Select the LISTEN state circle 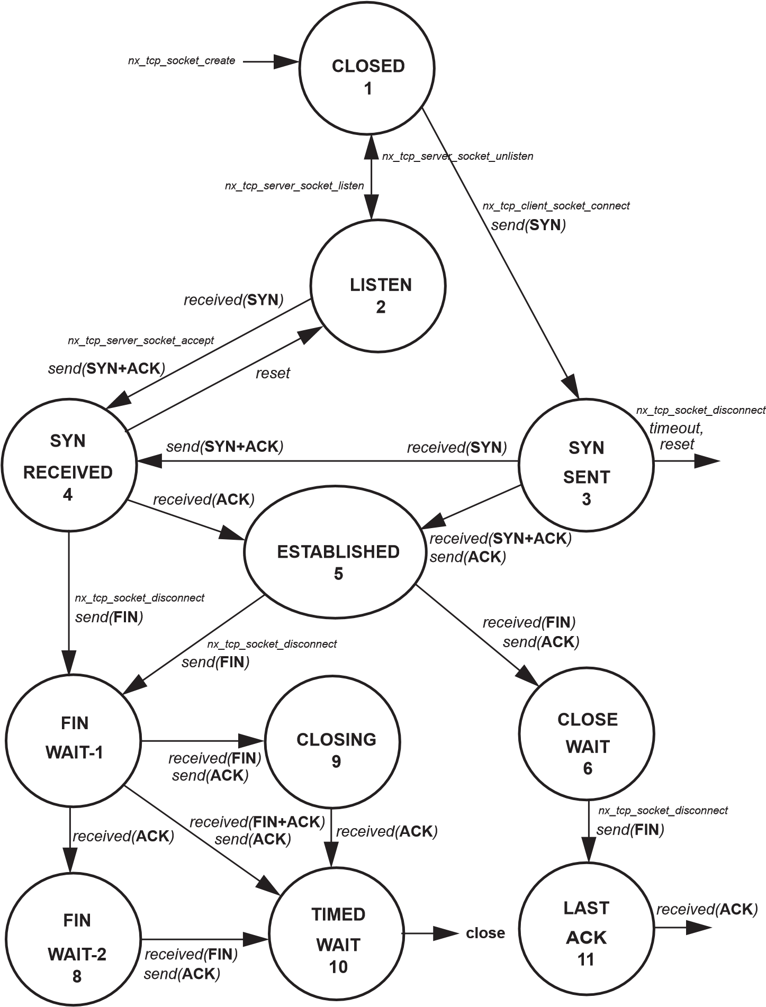(378, 286)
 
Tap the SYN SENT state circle (585, 465)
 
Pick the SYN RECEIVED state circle (68, 465)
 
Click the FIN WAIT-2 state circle (74, 939)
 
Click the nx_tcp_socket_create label (182, 61)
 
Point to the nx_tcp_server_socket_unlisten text (457, 156)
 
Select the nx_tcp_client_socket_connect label (556, 205)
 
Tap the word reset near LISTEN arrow (273, 374)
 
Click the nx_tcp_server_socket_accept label (141, 340)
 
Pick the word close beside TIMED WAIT (485, 933)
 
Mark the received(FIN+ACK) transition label (257, 822)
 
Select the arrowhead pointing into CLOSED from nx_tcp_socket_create (286, 61)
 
